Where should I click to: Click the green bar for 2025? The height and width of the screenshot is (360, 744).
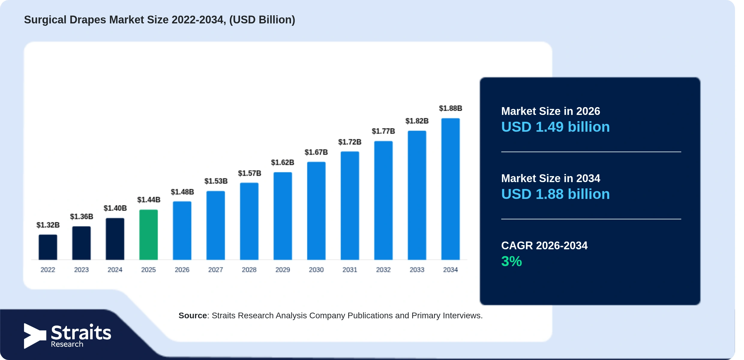click(148, 235)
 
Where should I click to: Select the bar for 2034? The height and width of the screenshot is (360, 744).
click(450, 189)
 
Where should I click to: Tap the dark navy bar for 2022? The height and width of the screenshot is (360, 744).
click(48, 247)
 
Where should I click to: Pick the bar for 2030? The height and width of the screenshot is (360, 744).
click(316, 211)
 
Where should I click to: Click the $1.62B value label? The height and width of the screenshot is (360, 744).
click(283, 163)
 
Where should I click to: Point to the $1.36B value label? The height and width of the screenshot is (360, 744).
click(82, 217)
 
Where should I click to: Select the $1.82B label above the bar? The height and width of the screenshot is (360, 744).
click(417, 121)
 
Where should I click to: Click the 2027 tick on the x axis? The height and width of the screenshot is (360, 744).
click(216, 270)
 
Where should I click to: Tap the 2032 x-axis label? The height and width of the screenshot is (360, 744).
click(383, 270)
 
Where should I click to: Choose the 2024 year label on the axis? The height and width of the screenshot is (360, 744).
click(115, 270)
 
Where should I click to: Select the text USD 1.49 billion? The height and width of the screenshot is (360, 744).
click(556, 127)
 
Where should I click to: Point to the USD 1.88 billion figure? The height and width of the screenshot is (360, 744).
click(556, 194)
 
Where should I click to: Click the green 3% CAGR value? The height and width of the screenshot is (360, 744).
click(511, 261)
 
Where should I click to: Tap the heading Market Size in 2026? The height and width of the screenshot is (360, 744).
click(550, 111)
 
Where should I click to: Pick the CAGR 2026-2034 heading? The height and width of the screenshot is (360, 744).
click(544, 246)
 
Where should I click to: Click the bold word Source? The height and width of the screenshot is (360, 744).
click(193, 316)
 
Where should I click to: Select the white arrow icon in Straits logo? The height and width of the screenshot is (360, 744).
click(35, 336)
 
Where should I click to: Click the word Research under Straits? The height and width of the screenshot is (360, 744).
click(67, 344)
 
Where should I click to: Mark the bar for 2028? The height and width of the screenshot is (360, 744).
click(249, 221)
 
